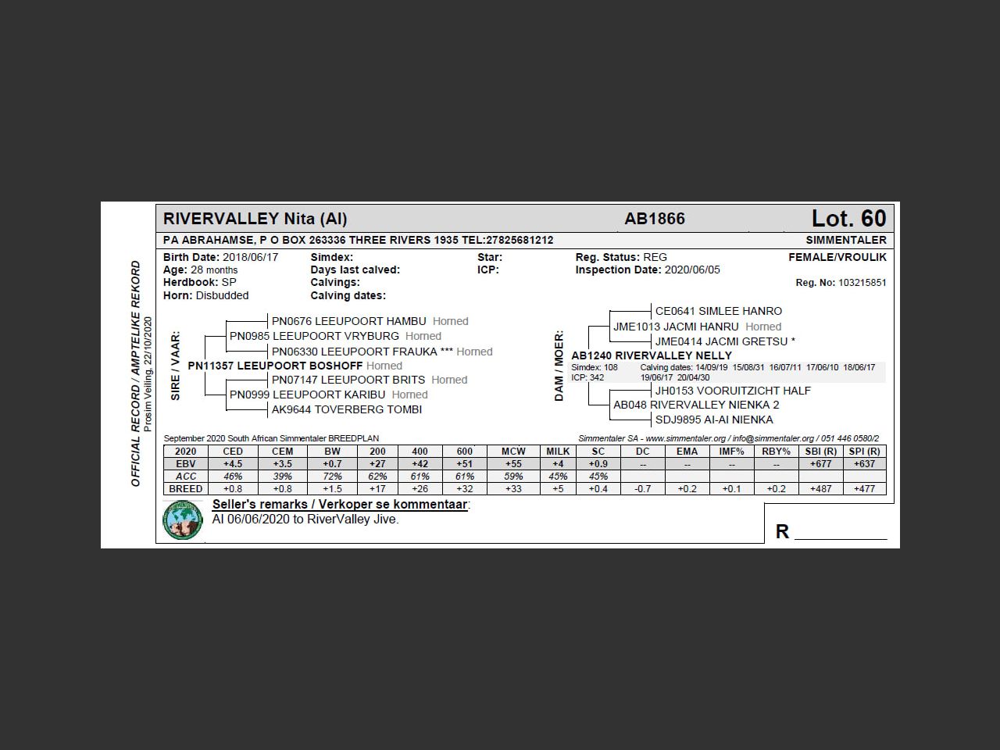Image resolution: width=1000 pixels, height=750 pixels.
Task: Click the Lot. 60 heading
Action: coord(848,218)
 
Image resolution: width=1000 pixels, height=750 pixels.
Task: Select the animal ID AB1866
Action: coord(655,219)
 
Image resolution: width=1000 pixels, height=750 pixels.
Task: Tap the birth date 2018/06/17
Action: coord(250,257)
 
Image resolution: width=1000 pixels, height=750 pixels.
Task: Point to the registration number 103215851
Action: coord(862,283)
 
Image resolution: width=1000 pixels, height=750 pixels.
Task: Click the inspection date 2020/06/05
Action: coord(692,270)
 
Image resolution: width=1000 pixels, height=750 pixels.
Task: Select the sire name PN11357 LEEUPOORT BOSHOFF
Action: coord(275,366)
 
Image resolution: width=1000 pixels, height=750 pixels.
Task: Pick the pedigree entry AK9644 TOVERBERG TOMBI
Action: coord(346,409)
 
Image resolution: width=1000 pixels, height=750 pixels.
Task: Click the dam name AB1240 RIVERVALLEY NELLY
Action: coord(652,355)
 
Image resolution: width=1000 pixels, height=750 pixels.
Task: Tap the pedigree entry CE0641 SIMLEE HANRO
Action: coord(718,311)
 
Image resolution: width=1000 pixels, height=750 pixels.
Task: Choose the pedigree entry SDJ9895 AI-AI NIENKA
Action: coord(713,420)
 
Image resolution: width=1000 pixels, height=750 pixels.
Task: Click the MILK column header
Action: coord(558,452)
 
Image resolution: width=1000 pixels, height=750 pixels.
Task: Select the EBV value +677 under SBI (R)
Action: coord(820,464)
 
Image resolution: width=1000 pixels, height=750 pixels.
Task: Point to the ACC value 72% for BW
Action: coord(332,477)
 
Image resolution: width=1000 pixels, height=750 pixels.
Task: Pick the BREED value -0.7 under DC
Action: coord(642,489)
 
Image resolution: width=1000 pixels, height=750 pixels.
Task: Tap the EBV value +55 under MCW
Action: coord(512,464)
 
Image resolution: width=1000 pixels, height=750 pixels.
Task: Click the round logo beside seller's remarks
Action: coord(183,520)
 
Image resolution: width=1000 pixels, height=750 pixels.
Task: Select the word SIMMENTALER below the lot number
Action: coord(846,240)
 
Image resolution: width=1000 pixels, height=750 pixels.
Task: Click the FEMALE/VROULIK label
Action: coord(837,257)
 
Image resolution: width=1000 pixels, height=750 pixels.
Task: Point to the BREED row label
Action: coord(186,489)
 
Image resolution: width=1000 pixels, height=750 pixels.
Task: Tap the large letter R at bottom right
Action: coord(782,532)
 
